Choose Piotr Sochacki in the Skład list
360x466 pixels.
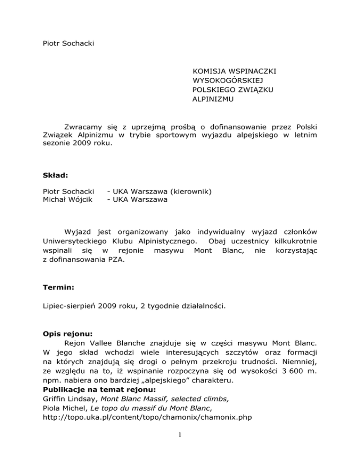click(66, 191)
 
